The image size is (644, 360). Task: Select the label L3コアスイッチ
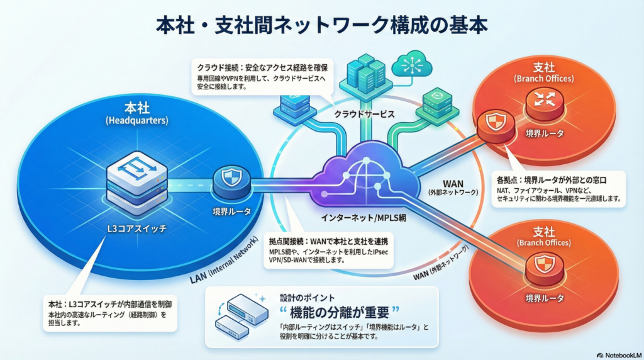tap(137, 229)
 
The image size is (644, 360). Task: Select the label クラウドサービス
tap(364, 115)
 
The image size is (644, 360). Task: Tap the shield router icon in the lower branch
tap(544, 267)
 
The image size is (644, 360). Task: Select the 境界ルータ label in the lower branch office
tap(544, 298)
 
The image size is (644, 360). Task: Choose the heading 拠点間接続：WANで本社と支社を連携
tap(328, 241)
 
